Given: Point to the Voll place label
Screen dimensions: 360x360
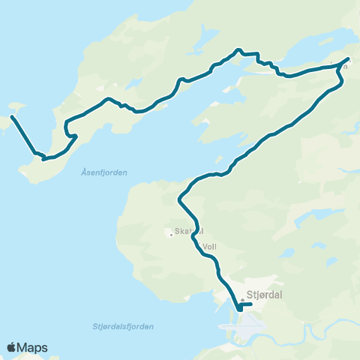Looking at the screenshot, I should coord(209,244).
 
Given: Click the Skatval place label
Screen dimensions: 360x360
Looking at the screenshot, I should coord(189,232).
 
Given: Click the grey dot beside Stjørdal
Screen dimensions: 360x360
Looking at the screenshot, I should coord(242,299).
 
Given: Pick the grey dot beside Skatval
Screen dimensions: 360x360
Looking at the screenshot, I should coord(172,234).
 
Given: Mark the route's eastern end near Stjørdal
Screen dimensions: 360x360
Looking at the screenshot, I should coord(250,304).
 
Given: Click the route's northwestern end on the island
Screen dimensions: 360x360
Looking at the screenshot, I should coord(13,117).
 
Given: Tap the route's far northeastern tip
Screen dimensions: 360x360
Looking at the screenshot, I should coord(349,57).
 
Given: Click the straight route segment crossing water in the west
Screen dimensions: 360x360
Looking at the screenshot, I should coord(23,135).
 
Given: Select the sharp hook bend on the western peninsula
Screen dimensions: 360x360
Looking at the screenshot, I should coord(74,136).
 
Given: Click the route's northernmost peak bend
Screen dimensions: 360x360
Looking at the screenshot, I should coord(238,49).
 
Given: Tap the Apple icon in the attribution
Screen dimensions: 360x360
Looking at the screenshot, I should coord(11,347).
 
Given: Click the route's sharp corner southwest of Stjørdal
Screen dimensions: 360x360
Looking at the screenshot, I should coord(238,308).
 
